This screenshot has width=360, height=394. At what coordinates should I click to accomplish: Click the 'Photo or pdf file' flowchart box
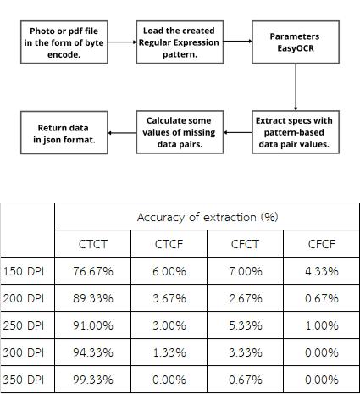(64, 42)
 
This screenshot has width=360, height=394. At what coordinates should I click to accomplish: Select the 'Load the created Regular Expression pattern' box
(180, 42)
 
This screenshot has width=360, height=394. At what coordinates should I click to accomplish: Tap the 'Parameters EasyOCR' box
(296, 42)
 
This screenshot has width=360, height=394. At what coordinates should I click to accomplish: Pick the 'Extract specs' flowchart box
(296, 132)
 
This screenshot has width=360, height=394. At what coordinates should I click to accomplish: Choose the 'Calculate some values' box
(180, 132)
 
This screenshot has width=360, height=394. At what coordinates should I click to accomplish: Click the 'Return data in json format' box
(64, 132)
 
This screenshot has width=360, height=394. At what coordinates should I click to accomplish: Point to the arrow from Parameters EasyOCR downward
(296, 87)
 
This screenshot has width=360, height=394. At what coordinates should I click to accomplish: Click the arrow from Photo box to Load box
(122, 42)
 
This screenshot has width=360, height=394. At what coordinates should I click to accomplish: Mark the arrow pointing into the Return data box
(122, 133)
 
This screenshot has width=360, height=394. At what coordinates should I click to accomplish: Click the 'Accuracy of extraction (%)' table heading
(208, 217)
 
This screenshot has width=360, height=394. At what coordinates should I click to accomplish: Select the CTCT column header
(93, 244)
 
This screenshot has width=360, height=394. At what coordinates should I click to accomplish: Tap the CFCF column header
(322, 244)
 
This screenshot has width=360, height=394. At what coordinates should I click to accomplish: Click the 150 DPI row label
(24, 271)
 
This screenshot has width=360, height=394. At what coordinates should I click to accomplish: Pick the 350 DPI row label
(24, 380)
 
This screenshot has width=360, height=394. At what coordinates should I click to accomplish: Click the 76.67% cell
(93, 271)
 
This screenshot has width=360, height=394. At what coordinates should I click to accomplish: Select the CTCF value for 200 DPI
(169, 298)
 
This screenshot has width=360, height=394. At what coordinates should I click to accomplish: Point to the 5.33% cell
(246, 325)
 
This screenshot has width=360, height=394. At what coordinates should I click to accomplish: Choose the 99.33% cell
(93, 380)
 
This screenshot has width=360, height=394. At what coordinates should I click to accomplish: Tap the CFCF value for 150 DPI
(322, 271)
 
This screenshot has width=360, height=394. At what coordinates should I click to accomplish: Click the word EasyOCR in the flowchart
(296, 48)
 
